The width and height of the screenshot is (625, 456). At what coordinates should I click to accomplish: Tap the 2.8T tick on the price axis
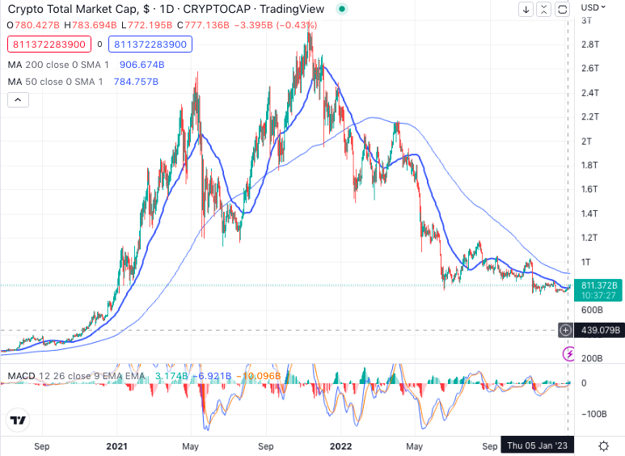tap(589, 44)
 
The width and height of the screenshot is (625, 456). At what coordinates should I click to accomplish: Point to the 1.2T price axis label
tap(589, 238)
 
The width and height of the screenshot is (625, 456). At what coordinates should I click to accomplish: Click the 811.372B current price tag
tap(599, 285)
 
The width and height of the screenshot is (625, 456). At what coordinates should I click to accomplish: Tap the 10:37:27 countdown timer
tap(599, 296)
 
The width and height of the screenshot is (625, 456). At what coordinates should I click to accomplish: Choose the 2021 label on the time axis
tap(116, 445)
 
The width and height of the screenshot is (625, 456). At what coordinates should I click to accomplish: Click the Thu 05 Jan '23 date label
tap(537, 445)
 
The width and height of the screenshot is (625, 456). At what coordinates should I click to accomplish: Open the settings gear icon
tap(603, 445)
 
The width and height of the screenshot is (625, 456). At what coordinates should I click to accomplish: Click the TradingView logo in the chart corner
tap(18, 420)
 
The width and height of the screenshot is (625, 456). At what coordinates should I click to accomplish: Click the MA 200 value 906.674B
tap(142, 63)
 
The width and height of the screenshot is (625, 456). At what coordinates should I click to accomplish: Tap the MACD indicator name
tap(20, 376)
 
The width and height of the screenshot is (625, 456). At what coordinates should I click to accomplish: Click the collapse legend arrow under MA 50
tap(18, 99)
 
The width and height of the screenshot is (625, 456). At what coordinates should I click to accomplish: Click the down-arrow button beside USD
tap(526, 10)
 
